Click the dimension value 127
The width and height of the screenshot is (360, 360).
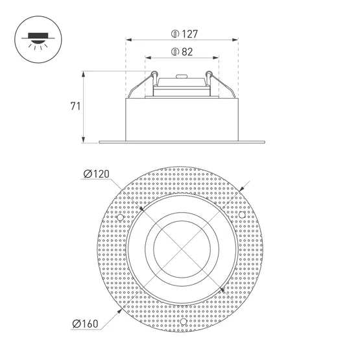(x=189, y=34)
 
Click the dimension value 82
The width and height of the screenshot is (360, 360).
(x=187, y=52)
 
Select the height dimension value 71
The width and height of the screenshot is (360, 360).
(x=75, y=106)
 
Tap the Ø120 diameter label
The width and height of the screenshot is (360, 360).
(x=97, y=174)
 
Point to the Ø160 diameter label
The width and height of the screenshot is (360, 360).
(x=85, y=324)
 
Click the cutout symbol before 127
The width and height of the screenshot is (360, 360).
(x=175, y=34)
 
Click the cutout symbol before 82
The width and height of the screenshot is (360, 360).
(x=175, y=52)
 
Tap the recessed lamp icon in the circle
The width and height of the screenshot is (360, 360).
(x=38, y=40)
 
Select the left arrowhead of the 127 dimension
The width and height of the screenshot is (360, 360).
(x=129, y=40)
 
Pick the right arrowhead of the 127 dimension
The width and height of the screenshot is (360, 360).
(x=235, y=40)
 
